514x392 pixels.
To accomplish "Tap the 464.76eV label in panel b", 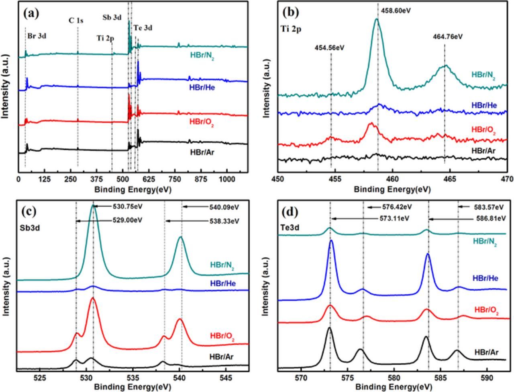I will click(x=448, y=37).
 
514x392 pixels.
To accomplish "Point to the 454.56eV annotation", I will click(x=329, y=48).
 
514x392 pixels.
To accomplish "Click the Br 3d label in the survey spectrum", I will click(x=37, y=36).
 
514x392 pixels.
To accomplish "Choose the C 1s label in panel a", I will click(x=76, y=21).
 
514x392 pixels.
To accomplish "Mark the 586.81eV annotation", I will click(x=489, y=218).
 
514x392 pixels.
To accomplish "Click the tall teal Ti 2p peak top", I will click(x=377, y=20).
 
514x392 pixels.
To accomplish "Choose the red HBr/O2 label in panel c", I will click(x=222, y=337).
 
